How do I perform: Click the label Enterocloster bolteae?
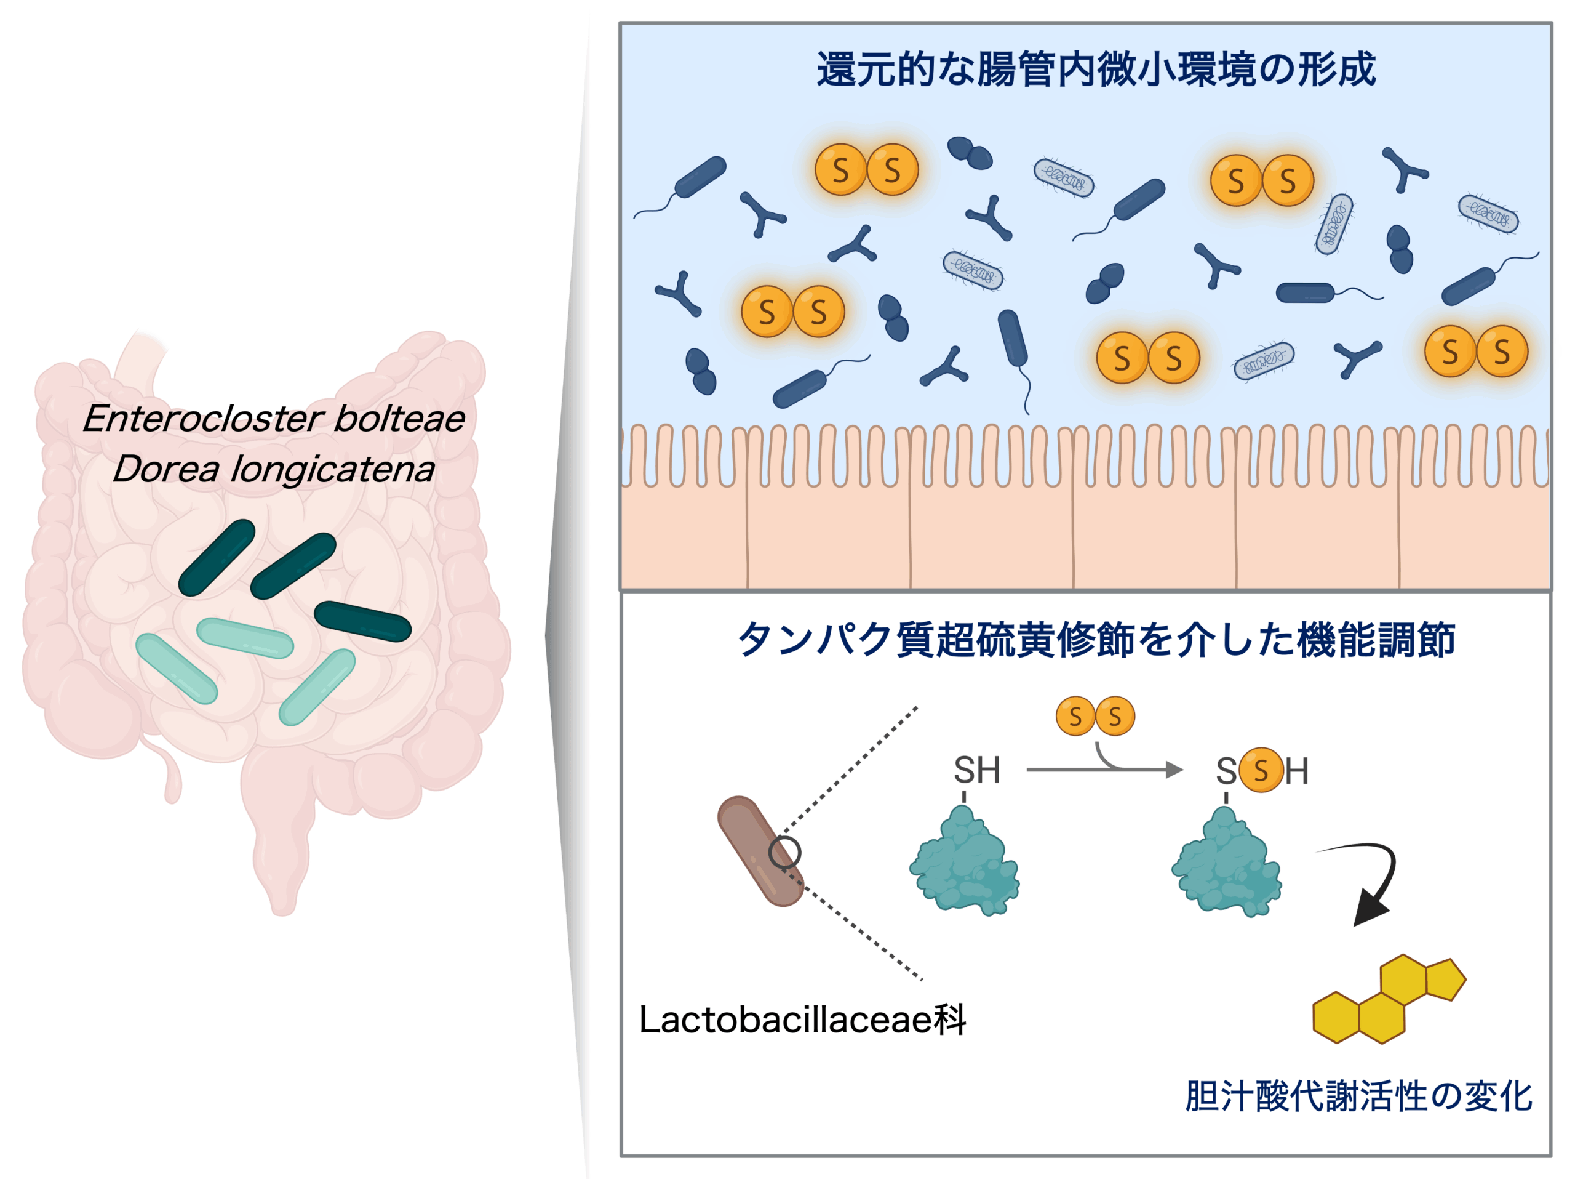274,418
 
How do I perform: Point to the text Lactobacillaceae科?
802,1020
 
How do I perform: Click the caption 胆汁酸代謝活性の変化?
1358,1097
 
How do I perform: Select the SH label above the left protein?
976,771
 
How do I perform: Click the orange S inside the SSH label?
1261,770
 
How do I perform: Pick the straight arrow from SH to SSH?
1104,770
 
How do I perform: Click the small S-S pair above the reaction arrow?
1095,716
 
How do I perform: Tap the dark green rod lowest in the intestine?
362,621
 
